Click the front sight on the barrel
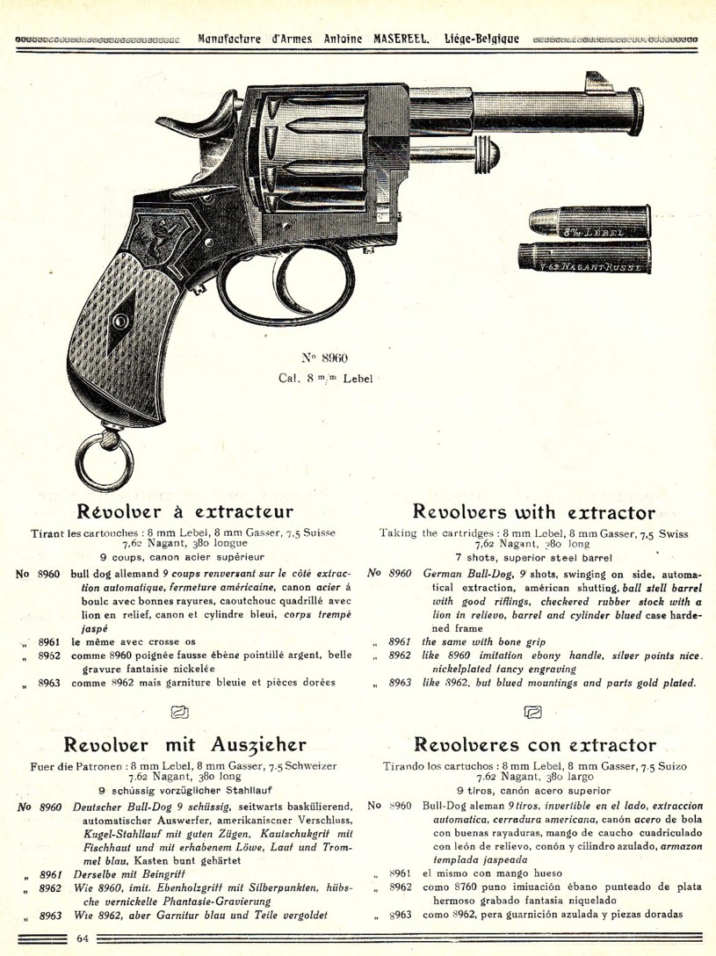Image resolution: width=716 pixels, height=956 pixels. tap(598, 83)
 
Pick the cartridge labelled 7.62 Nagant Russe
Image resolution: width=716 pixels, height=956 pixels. tap(584, 257)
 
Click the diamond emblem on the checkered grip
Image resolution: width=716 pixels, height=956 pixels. tap(121, 320)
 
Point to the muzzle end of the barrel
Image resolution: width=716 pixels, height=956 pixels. tap(635, 111)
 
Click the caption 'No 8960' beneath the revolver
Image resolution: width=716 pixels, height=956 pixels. tap(325, 358)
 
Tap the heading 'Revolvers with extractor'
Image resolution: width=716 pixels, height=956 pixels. tap(534, 511)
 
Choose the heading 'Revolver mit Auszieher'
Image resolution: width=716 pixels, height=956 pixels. tap(184, 744)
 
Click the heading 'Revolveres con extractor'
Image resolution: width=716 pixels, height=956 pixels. tap(535, 744)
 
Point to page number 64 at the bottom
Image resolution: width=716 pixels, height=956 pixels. tap(83, 938)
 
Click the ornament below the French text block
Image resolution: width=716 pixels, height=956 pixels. tap(180, 712)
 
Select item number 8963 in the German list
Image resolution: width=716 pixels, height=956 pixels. tap(51, 915)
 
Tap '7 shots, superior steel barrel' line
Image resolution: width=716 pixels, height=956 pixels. tap(533, 557)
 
